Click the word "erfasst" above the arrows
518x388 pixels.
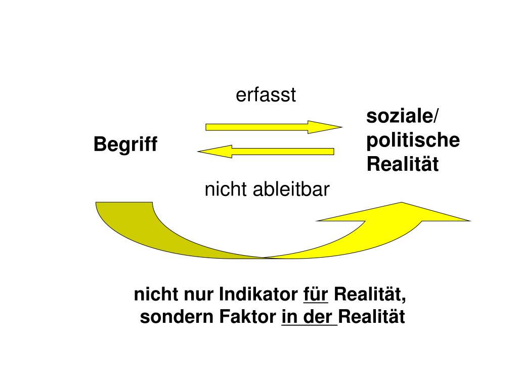coord(266,95)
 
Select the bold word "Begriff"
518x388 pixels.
coord(125,145)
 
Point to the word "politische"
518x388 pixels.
coord(413,140)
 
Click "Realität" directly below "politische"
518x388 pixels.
coord(403,165)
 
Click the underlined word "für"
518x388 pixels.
coord(316,294)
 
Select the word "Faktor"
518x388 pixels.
coord(248,318)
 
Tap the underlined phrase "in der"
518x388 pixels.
coord(309,318)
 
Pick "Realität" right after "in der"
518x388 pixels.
coord(372,318)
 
